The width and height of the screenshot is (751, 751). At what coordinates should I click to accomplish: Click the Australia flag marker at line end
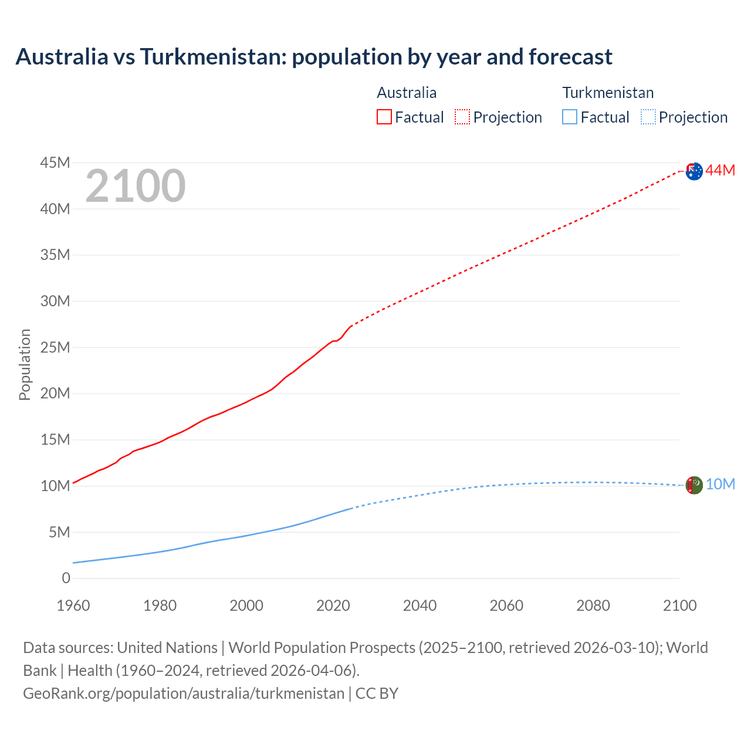(694, 171)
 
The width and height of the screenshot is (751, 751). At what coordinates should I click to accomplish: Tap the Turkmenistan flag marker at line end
(694, 485)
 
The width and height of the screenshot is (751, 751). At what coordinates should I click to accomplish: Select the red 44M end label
(720, 170)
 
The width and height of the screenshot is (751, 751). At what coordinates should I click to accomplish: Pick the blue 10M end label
(720, 484)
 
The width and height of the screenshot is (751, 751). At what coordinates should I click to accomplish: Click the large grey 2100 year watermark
(136, 186)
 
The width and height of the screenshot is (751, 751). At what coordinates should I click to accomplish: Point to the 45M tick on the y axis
(55, 163)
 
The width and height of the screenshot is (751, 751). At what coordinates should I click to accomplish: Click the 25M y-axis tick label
(55, 347)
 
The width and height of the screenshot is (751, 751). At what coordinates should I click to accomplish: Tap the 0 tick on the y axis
(66, 579)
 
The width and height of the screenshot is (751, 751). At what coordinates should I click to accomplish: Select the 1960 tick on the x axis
(73, 605)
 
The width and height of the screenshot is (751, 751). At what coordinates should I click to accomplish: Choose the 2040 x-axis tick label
(420, 605)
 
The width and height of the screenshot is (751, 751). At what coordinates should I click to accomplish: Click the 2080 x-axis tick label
(593, 605)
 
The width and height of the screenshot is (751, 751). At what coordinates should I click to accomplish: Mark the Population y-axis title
(25, 364)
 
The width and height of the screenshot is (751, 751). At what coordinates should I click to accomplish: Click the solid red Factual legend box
(384, 117)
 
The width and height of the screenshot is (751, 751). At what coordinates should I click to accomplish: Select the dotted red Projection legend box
(462, 117)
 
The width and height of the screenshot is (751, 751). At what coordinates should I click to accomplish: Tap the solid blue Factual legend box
(570, 117)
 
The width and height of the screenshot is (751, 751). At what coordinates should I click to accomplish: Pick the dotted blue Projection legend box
(648, 117)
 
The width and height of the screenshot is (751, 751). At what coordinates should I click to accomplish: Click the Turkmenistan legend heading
(608, 93)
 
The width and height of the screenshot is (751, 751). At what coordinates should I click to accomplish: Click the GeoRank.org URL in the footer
(184, 693)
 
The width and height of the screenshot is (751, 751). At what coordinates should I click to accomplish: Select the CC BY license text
(377, 693)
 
